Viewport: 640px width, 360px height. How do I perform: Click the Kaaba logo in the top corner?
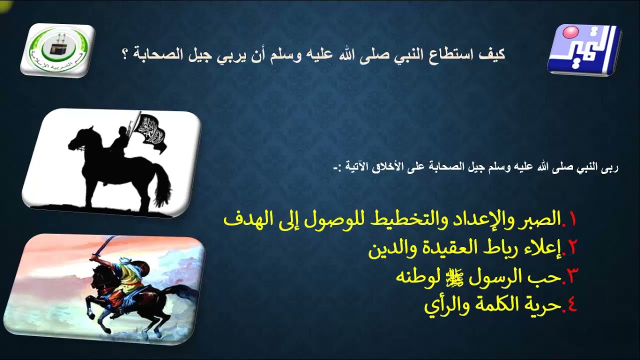[57, 49]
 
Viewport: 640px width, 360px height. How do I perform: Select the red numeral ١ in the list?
[571, 219]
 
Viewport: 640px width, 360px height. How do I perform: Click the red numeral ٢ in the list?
[572, 247]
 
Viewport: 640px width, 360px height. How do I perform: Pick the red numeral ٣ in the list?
[572, 276]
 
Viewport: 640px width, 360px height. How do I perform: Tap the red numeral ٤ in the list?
[571, 304]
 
